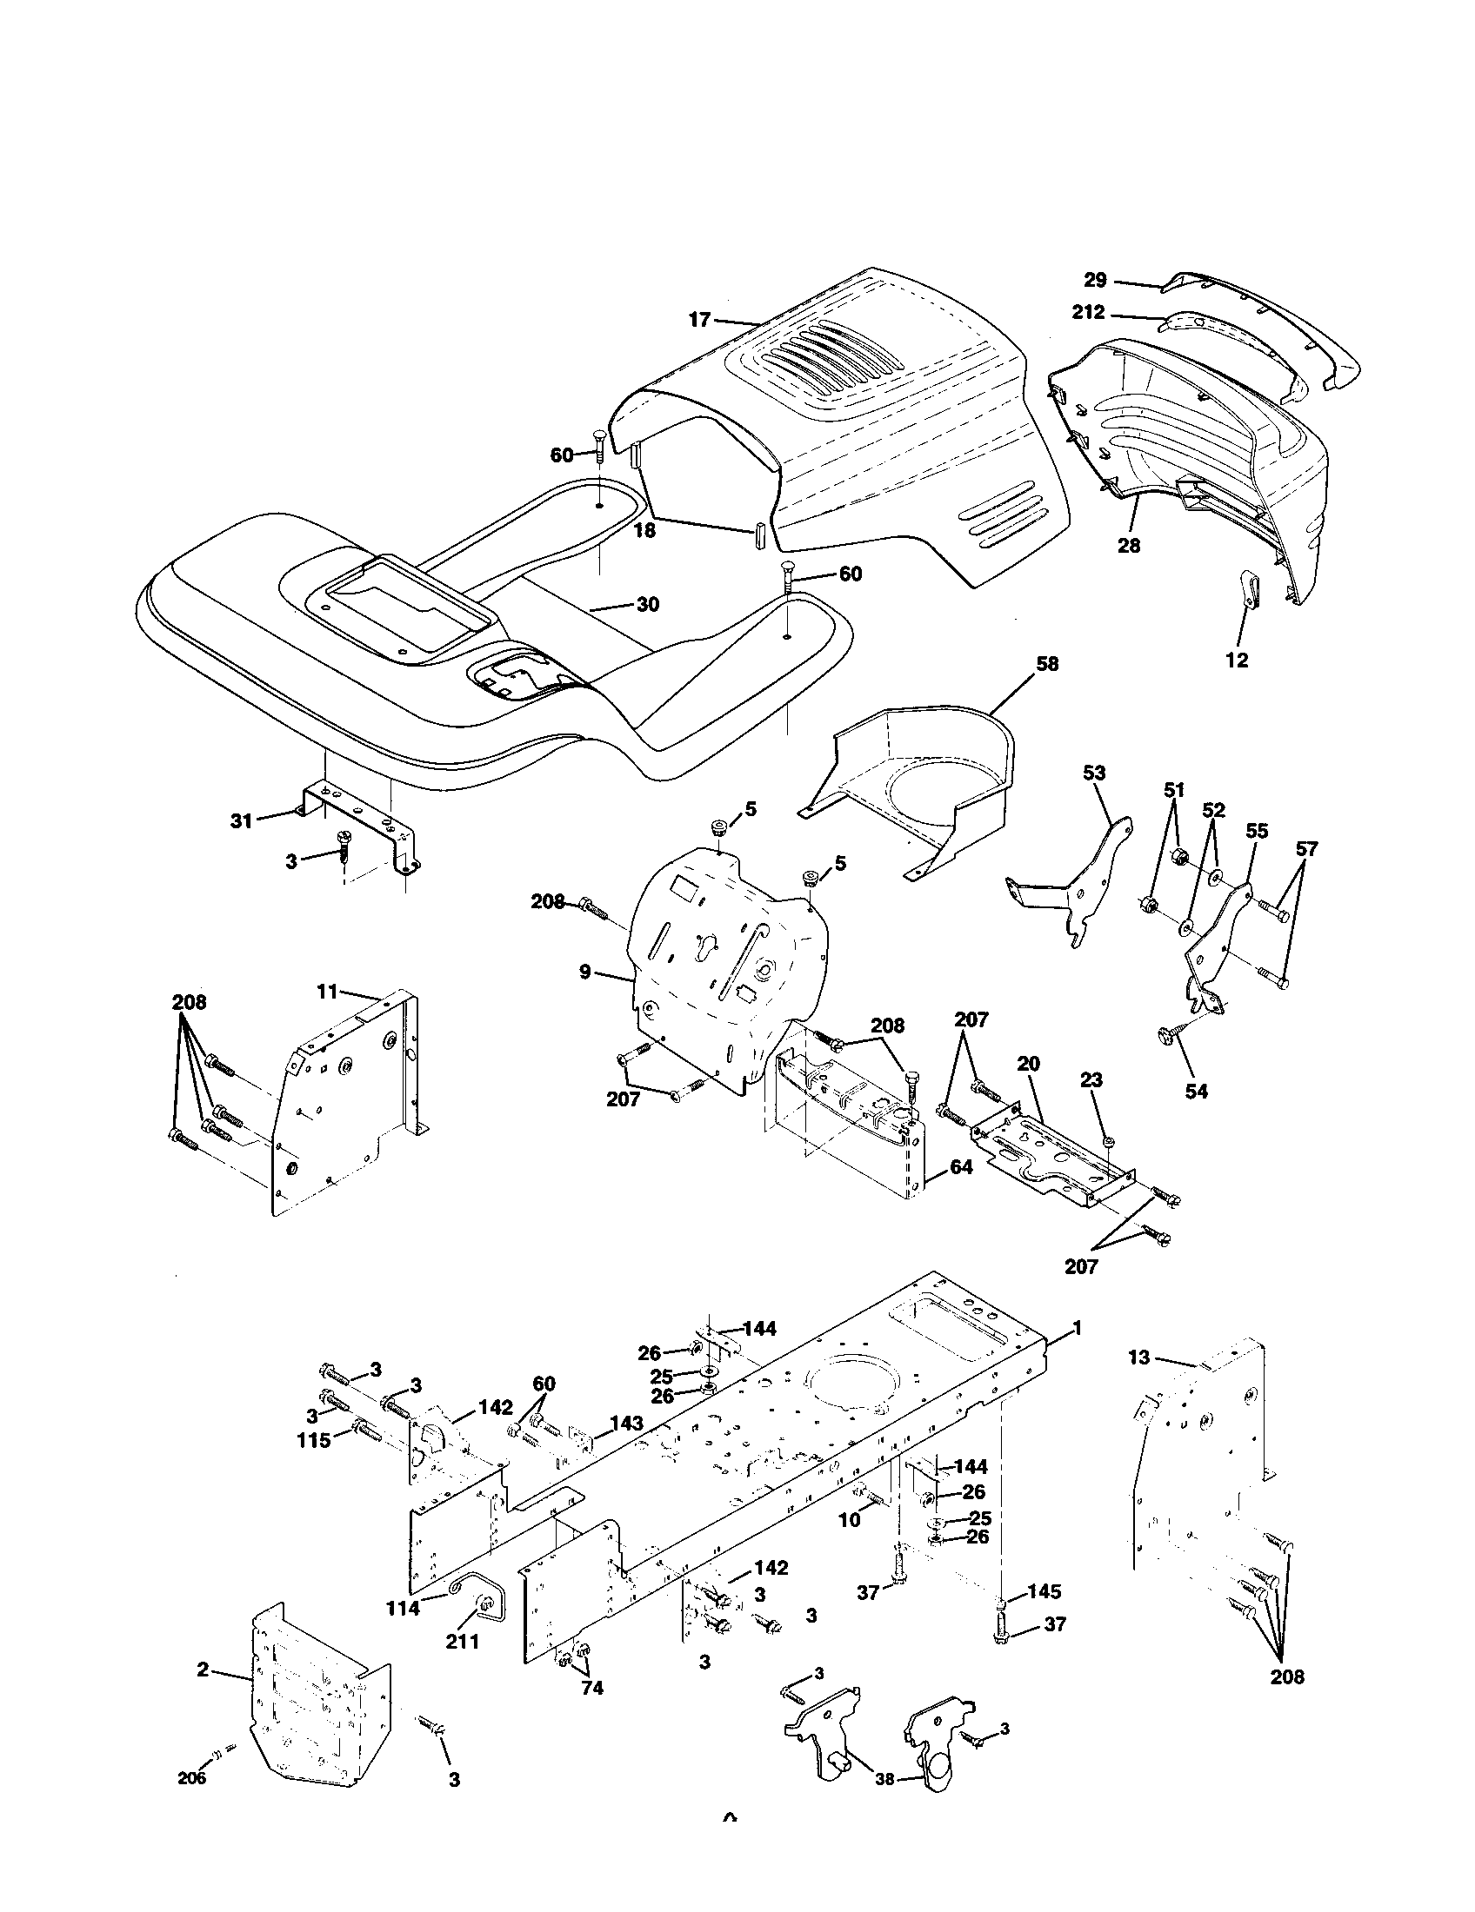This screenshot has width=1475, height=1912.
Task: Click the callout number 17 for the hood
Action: [699, 320]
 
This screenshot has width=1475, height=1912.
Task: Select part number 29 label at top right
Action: [1095, 280]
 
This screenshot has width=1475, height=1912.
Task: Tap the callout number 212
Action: [1089, 313]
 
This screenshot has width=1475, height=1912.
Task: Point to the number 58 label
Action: [1047, 665]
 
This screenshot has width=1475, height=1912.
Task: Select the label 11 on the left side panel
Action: [327, 991]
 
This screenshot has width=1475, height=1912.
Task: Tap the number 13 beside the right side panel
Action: [1138, 1357]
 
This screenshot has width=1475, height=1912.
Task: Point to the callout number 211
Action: [462, 1642]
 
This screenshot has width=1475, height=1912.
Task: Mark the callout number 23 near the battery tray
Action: [1091, 1081]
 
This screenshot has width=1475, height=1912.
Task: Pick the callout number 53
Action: [1094, 773]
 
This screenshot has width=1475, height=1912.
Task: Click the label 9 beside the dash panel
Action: [584, 972]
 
